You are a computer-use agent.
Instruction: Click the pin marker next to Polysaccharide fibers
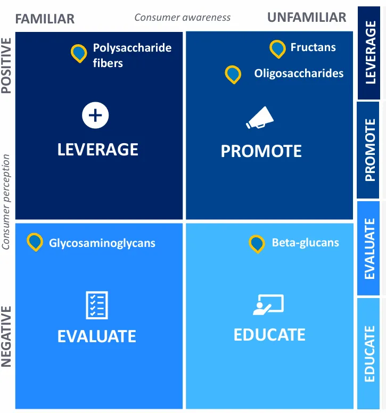pos(79,53)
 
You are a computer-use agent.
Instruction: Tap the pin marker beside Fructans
pos(277,48)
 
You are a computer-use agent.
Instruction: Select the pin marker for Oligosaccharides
pos(233,74)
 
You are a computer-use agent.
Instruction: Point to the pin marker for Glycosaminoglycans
pos(35,242)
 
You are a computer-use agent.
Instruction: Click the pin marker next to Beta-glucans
pos(257,243)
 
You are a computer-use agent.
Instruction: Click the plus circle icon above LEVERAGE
pos(95,115)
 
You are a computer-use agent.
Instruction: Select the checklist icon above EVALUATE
pos(97,305)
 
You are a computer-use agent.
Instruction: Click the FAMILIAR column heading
pos(45,19)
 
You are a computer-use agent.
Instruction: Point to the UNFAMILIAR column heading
pos(307,18)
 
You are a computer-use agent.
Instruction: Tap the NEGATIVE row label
pos(6,336)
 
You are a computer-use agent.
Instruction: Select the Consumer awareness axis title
pos(183,18)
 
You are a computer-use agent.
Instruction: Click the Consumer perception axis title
pos(6,202)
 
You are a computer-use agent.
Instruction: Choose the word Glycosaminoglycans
pos(102,243)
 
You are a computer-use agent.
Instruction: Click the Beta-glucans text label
pos(305,243)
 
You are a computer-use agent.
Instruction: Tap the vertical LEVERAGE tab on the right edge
pos(370,53)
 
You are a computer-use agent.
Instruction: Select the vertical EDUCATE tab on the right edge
pos(369,353)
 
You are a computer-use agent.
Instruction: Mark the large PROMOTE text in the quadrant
pos(261,151)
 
